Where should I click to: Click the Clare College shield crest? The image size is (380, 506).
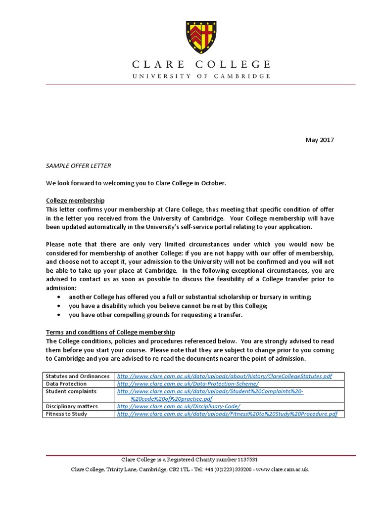200,39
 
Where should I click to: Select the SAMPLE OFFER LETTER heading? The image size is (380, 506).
75,166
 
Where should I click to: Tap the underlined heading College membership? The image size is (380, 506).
75,201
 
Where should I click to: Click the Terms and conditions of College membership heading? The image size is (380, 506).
110,332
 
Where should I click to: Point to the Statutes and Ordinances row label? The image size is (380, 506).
78,376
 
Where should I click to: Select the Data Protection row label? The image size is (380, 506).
66,383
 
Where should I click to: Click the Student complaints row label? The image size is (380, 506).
71,391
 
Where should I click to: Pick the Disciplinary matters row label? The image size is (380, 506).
72,406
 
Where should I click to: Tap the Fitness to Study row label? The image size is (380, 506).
66,414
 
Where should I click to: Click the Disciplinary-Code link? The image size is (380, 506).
179,406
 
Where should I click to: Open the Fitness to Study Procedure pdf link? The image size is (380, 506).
227,414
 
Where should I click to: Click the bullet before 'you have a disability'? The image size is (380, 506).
60,306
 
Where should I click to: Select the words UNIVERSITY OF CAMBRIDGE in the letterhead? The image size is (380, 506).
200,76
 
